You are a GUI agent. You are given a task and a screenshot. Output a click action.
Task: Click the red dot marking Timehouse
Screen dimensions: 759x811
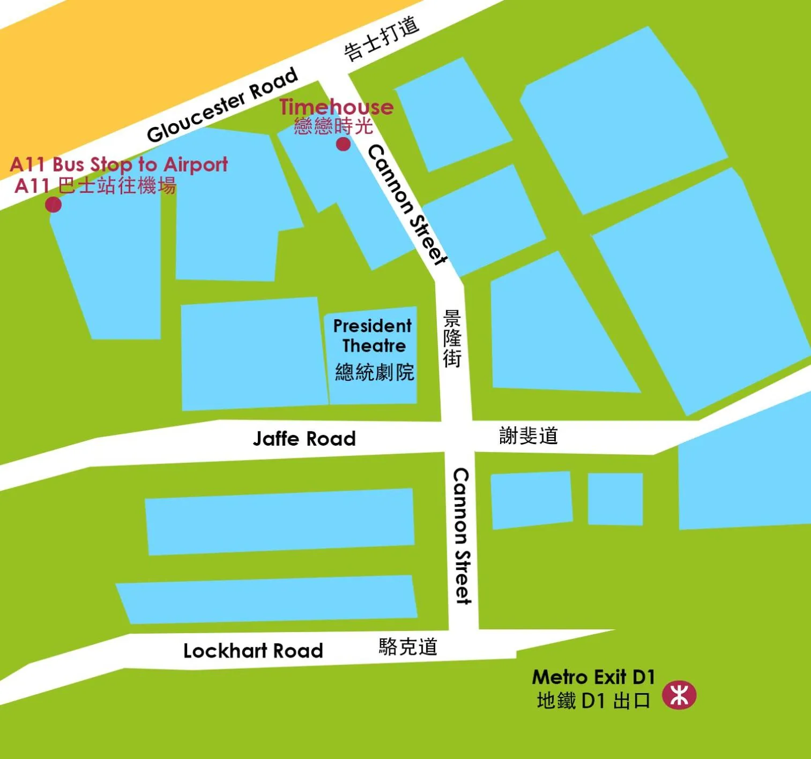pyautogui.click(x=343, y=144)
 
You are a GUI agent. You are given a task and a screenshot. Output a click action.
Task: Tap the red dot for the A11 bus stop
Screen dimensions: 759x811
pyautogui.click(x=53, y=205)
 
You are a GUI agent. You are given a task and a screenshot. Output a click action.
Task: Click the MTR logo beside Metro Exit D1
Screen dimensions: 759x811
pyautogui.click(x=679, y=695)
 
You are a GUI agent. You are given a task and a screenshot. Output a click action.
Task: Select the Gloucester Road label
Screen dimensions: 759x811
pyautogui.click(x=222, y=105)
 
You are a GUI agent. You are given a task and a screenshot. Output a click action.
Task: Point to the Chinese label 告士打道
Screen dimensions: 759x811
pyautogui.click(x=381, y=39)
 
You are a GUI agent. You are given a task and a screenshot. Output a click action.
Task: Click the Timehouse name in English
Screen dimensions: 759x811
pyautogui.click(x=336, y=107)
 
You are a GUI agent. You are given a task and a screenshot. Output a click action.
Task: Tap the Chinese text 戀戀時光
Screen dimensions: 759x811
pyautogui.click(x=333, y=126)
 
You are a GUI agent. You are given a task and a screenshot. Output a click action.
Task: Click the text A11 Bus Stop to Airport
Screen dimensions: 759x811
pyautogui.click(x=119, y=164)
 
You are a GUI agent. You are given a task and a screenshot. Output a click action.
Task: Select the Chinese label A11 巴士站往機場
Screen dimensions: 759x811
pyautogui.click(x=95, y=186)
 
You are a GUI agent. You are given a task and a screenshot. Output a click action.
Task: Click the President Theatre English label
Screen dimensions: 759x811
pyautogui.click(x=373, y=336)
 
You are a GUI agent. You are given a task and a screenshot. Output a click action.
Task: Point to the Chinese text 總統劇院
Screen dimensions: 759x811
pyautogui.click(x=375, y=372)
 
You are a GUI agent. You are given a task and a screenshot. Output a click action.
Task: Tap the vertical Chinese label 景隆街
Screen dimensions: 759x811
pyautogui.click(x=452, y=339)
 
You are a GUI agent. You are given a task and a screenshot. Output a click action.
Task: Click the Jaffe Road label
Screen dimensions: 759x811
pyautogui.click(x=304, y=439)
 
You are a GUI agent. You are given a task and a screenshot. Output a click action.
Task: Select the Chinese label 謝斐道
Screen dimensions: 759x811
pyautogui.click(x=529, y=435)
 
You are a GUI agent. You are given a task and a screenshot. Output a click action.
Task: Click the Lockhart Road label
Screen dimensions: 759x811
pyautogui.click(x=253, y=651)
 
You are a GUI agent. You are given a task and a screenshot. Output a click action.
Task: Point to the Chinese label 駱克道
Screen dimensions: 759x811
pyautogui.click(x=408, y=647)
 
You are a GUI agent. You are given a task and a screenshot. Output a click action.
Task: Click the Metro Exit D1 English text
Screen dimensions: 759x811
pyautogui.click(x=593, y=677)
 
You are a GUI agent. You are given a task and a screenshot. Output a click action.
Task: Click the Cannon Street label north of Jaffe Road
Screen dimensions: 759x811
pyautogui.click(x=407, y=205)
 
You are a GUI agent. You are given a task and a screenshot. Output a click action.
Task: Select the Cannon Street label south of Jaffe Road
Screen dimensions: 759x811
pyautogui.click(x=462, y=536)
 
